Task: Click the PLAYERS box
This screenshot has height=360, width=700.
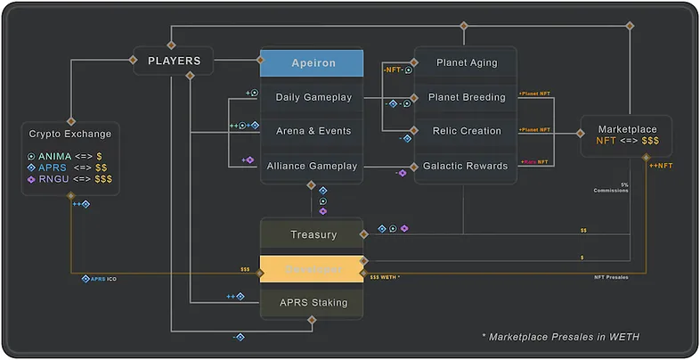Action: click(x=174, y=61)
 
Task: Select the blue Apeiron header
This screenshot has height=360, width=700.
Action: click(x=312, y=63)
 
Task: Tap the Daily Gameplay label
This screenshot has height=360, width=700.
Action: click(x=313, y=97)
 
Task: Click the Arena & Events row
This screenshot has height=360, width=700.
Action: click(x=313, y=131)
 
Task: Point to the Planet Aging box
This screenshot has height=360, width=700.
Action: click(x=467, y=63)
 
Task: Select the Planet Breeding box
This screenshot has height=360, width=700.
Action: click(x=467, y=97)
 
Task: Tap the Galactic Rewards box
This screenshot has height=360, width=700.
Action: click(x=467, y=166)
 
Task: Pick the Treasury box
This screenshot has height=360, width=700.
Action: click(x=313, y=234)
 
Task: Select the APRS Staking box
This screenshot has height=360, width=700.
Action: click(x=313, y=303)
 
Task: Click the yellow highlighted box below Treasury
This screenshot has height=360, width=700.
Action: click(x=313, y=268)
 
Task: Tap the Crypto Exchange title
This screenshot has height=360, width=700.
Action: click(x=70, y=134)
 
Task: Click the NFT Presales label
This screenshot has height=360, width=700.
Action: click(x=611, y=277)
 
